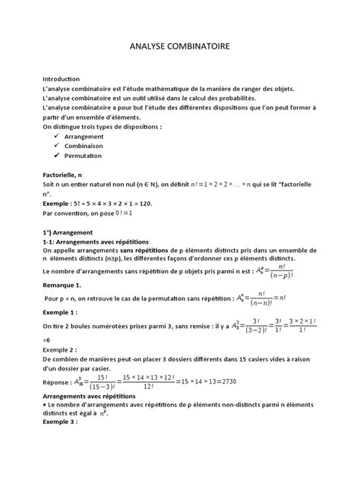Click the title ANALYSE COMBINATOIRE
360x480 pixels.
(180, 47)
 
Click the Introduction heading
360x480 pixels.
(61, 79)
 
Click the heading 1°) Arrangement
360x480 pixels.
(68, 231)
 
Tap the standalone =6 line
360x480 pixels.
(48, 341)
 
